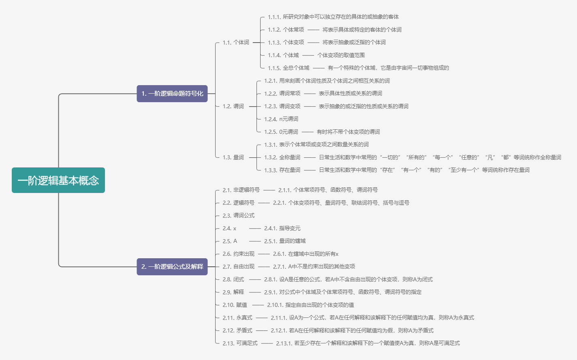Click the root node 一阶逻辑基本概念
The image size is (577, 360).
coord(58,180)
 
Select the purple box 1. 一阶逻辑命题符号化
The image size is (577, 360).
coord(172,94)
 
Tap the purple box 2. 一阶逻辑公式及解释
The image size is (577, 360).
coord(172,267)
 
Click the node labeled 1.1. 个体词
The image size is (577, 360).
coord(236,43)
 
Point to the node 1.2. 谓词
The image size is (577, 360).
coord(233,107)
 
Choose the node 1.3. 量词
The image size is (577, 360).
coord(233,158)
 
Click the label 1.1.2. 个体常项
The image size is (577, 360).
coord(286,30)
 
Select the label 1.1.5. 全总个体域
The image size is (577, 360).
coord(288,68)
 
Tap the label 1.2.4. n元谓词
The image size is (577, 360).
coord(281,119)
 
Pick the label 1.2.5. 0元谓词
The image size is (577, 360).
coord(281,132)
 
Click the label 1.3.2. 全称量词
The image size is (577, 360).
coord(282,158)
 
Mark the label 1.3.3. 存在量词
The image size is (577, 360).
coord(282,170)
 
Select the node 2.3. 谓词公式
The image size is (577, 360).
coord(239,216)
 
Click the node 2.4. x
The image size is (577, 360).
coord(229,229)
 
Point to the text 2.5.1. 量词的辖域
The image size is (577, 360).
coord(285,241)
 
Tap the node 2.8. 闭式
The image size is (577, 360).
coord(233,280)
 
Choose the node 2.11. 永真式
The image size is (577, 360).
coord(237,318)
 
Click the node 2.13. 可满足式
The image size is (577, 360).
coord(240,343)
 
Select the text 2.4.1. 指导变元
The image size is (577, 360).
coord(282,229)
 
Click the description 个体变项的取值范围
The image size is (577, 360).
coord(341,56)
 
